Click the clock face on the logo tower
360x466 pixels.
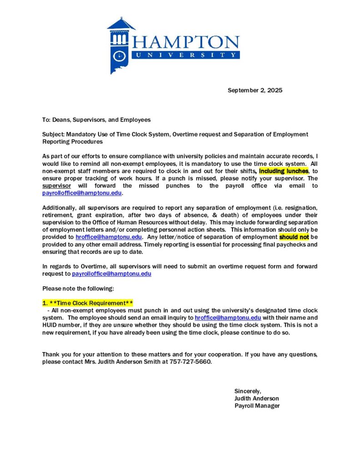click(x=119, y=56)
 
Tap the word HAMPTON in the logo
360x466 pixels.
click(x=186, y=43)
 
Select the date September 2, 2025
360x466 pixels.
click(x=255, y=90)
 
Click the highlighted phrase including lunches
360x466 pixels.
click(x=284, y=171)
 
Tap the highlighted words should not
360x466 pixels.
click(x=294, y=237)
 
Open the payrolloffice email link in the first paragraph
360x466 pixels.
click(x=82, y=193)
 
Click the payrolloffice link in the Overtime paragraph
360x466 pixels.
click(x=112, y=274)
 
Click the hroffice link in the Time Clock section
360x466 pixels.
click(x=228, y=318)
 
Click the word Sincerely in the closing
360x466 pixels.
click(x=248, y=391)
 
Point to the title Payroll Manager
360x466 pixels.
click(x=257, y=405)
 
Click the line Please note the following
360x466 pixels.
click(x=78, y=288)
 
